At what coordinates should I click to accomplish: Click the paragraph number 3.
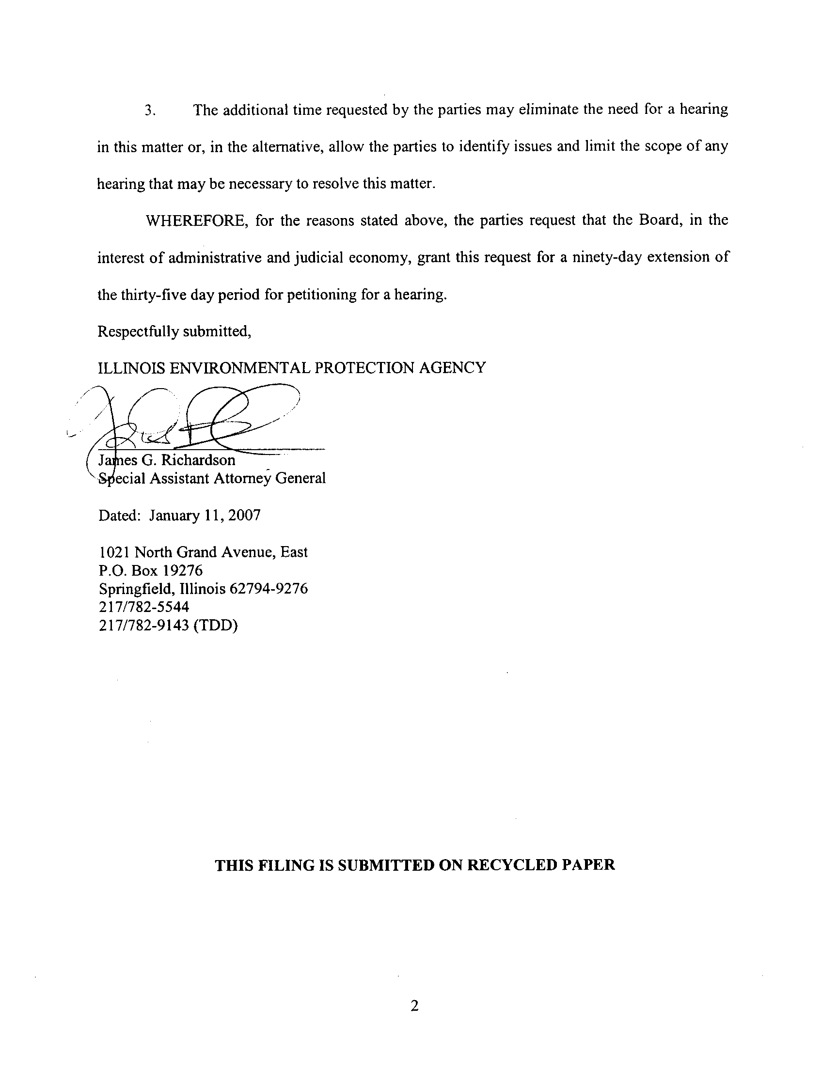pos(150,111)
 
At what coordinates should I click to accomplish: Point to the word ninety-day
pos(607,257)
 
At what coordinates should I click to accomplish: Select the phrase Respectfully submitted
pos(174,332)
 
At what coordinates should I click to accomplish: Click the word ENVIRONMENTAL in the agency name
pos(239,368)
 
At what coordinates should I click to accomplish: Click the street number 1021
pos(114,552)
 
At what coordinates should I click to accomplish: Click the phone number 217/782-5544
pos(144,607)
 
